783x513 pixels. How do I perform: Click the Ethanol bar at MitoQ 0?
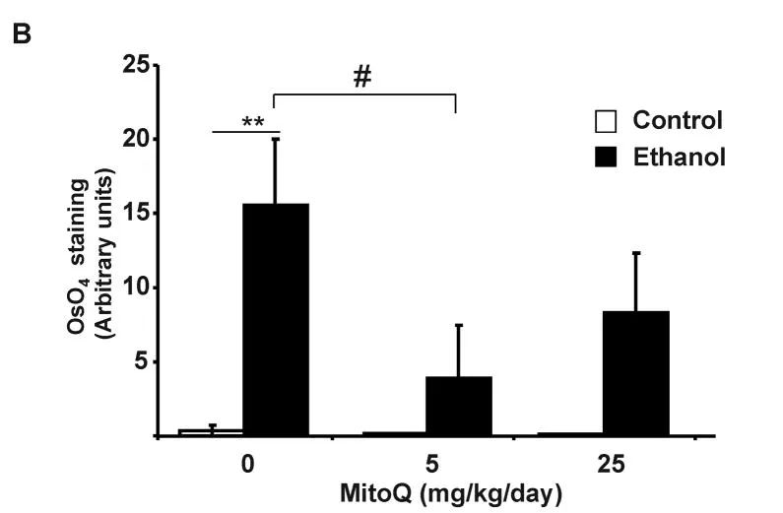pyautogui.click(x=276, y=319)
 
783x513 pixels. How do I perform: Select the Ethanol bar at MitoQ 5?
pyautogui.click(x=458, y=405)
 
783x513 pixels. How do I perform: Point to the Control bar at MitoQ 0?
pyautogui.click(x=211, y=431)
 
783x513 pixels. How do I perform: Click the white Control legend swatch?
pyautogui.click(x=608, y=121)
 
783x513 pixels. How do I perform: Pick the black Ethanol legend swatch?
pyautogui.click(x=608, y=156)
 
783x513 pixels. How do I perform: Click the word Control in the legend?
pyautogui.click(x=678, y=121)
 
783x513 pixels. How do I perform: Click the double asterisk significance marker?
pyautogui.click(x=252, y=123)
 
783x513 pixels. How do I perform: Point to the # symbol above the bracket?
pyautogui.click(x=362, y=77)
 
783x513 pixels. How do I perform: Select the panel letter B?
pyautogui.click(x=21, y=33)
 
